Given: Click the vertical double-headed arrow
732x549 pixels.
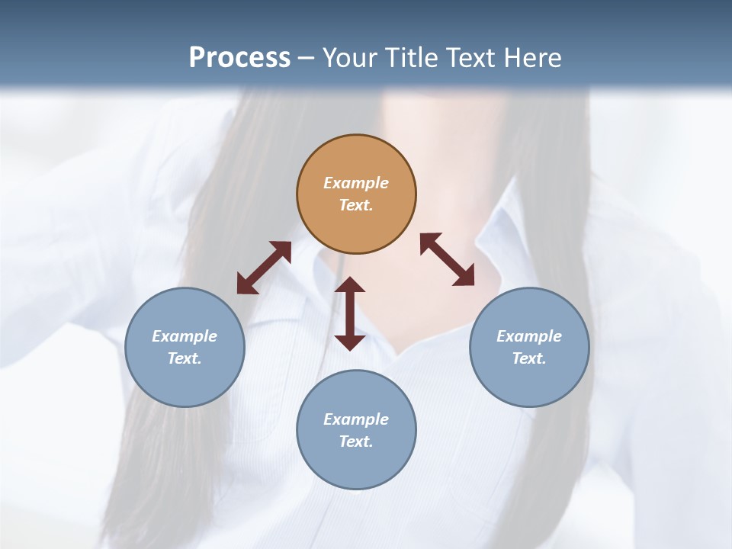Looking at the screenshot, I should point(350,313).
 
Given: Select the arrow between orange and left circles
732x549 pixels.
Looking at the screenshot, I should point(264,268).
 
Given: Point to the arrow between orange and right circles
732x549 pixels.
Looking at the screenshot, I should point(448,259).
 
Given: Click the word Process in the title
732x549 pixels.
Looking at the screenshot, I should point(239,58).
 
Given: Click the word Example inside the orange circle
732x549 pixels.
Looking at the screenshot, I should point(356,183).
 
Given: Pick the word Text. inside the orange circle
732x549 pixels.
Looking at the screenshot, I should point(356,205).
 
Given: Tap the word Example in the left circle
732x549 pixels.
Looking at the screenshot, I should point(185,336).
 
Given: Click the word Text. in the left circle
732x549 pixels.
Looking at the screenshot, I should point(185,358).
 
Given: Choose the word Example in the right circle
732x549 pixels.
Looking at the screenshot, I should point(529,336).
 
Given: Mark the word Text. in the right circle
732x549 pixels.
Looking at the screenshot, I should point(529,358).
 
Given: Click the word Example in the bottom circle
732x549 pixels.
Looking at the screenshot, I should point(356,419).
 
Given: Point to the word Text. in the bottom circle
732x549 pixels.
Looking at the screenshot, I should point(356,441).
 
